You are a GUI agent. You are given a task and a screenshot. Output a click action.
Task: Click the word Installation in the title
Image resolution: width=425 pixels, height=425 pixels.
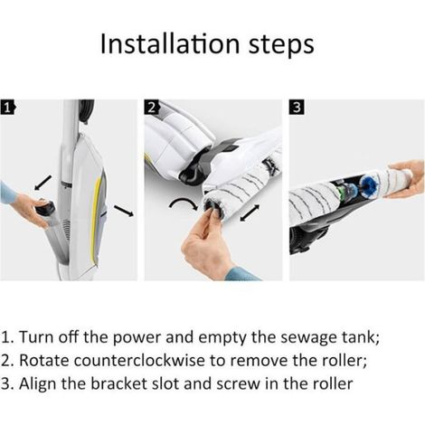pyautogui.click(x=170, y=43)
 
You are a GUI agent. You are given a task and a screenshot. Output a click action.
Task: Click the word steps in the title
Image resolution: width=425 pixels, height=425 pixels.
pyautogui.click(x=281, y=46)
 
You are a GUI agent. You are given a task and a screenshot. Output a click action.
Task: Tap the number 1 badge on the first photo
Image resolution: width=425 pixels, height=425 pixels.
pyautogui.click(x=7, y=108)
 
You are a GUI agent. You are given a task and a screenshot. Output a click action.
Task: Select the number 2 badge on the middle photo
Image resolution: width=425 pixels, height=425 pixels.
pyautogui.click(x=152, y=108)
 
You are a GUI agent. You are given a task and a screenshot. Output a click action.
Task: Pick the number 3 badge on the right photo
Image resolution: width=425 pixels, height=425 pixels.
pyautogui.click(x=297, y=108)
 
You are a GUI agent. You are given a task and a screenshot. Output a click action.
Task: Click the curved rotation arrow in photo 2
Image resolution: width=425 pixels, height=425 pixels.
pyautogui.click(x=184, y=202)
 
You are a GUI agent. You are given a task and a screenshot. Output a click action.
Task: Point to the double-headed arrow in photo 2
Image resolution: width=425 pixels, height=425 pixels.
pyautogui.click(x=250, y=212)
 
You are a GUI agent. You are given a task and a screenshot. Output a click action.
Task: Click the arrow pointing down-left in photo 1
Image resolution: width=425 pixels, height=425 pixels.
pyautogui.click(x=42, y=183)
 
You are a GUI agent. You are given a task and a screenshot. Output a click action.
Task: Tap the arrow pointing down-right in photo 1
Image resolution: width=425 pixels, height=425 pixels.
pyautogui.click(x=124, y=211)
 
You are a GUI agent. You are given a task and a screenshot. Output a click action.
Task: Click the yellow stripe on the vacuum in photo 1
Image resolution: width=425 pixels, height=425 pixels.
pyautogui.click(x=96, y=218)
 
